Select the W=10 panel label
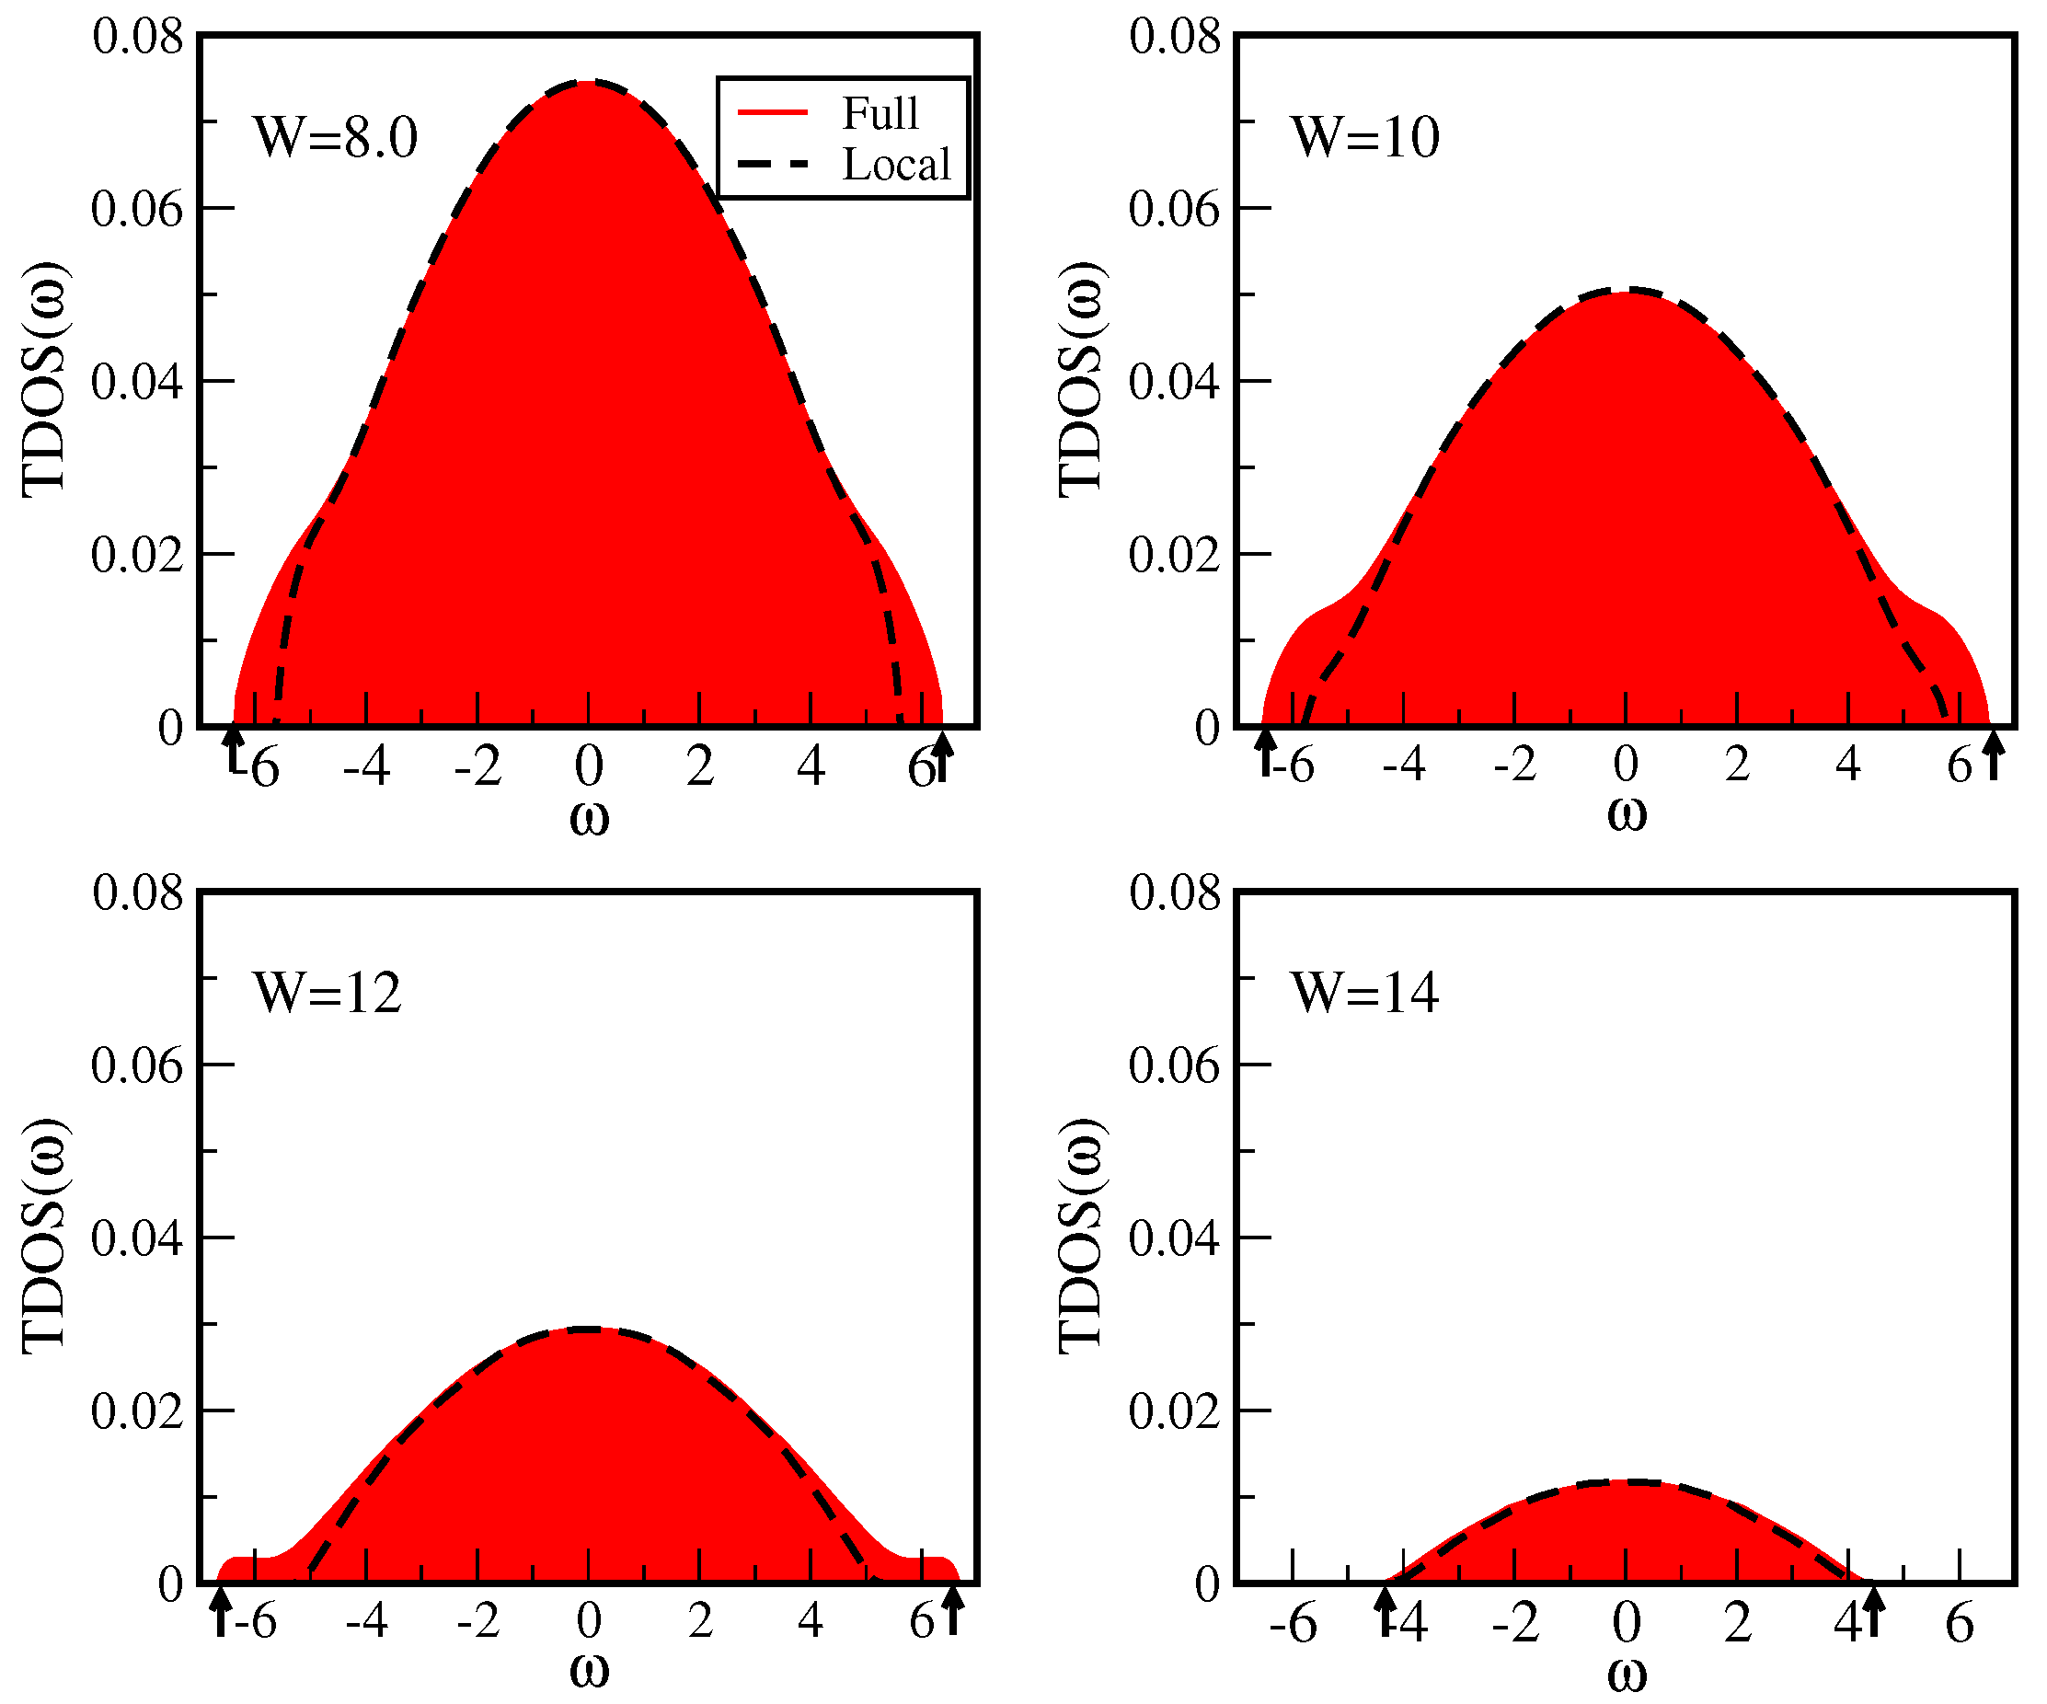pos(1364,137)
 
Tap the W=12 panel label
pos(327,994)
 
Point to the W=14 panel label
pos(1364,994)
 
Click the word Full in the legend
pos(880,113)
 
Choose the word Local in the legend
pos(896,165)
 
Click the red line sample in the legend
pos(773,113)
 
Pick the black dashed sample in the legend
pos(773,165)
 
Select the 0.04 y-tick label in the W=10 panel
pos(1174,382)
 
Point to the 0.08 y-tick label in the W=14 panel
pos(1175,892)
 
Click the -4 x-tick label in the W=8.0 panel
pos(366,767)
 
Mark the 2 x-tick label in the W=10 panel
pos(1737,766)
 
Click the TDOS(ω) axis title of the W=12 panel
pos(44,1236)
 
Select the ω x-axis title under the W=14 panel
pos(1627,1673)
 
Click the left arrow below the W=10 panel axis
pos(1265,753)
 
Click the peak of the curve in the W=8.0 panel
pos(589,82)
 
